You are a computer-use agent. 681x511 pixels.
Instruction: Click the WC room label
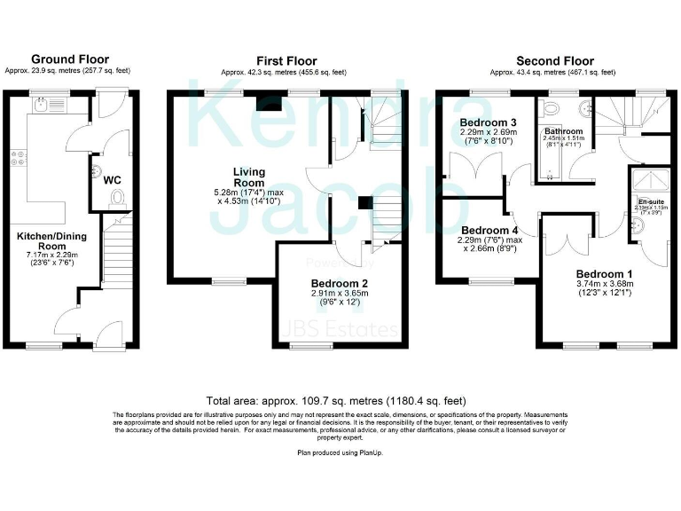coord(113,180)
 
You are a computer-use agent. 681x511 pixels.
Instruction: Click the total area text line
coord(340,401)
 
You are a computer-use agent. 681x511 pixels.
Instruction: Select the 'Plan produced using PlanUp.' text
coord(340,452)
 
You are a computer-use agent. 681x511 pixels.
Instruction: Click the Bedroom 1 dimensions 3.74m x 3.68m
coord(604,284)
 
